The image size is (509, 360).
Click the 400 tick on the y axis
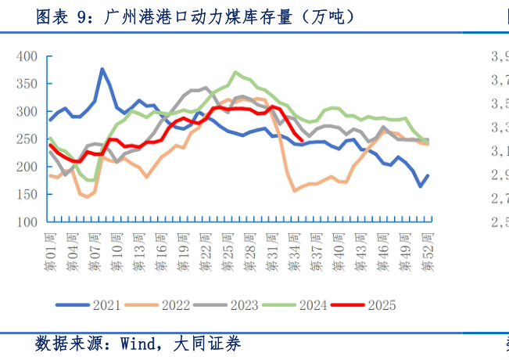point(27,56)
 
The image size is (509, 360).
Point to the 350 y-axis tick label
point(27,84)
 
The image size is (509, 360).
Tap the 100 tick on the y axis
point(27,222)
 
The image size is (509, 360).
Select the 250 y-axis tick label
point(27,139)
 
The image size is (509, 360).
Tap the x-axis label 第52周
point(428,250)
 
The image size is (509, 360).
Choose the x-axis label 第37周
point(319,250)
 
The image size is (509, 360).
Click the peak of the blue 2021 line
point(102,69)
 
